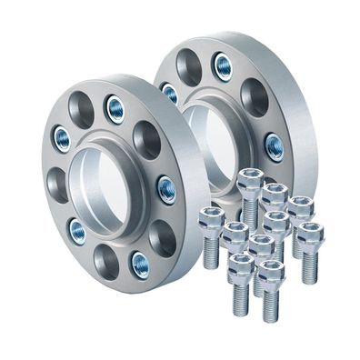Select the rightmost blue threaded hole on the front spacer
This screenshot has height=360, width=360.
click(166, 188)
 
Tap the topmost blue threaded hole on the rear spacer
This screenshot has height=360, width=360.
click(222, 65)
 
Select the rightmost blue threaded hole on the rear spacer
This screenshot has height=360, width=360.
click(274, 145)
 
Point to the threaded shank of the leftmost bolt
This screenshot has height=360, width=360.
click(211, 252)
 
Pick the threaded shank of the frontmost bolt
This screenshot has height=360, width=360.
click(270, 305)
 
